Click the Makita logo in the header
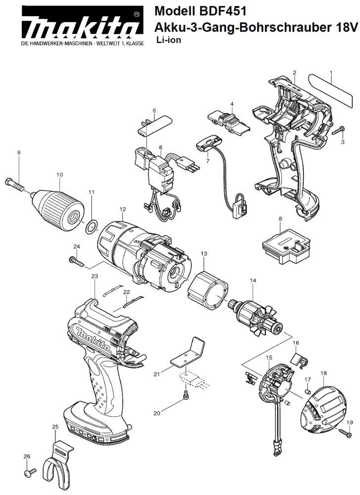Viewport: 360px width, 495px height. coord(81,26)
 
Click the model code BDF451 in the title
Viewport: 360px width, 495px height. coord(222,12)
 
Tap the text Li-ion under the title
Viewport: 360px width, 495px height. coord(169,40)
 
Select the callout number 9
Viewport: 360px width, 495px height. coord(19,152)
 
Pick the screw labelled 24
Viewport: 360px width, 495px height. coord(77,261)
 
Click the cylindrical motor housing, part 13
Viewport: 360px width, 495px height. coord(207,291)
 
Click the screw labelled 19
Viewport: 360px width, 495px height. coord(346,433)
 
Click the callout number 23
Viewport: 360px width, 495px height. coord(94,276)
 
